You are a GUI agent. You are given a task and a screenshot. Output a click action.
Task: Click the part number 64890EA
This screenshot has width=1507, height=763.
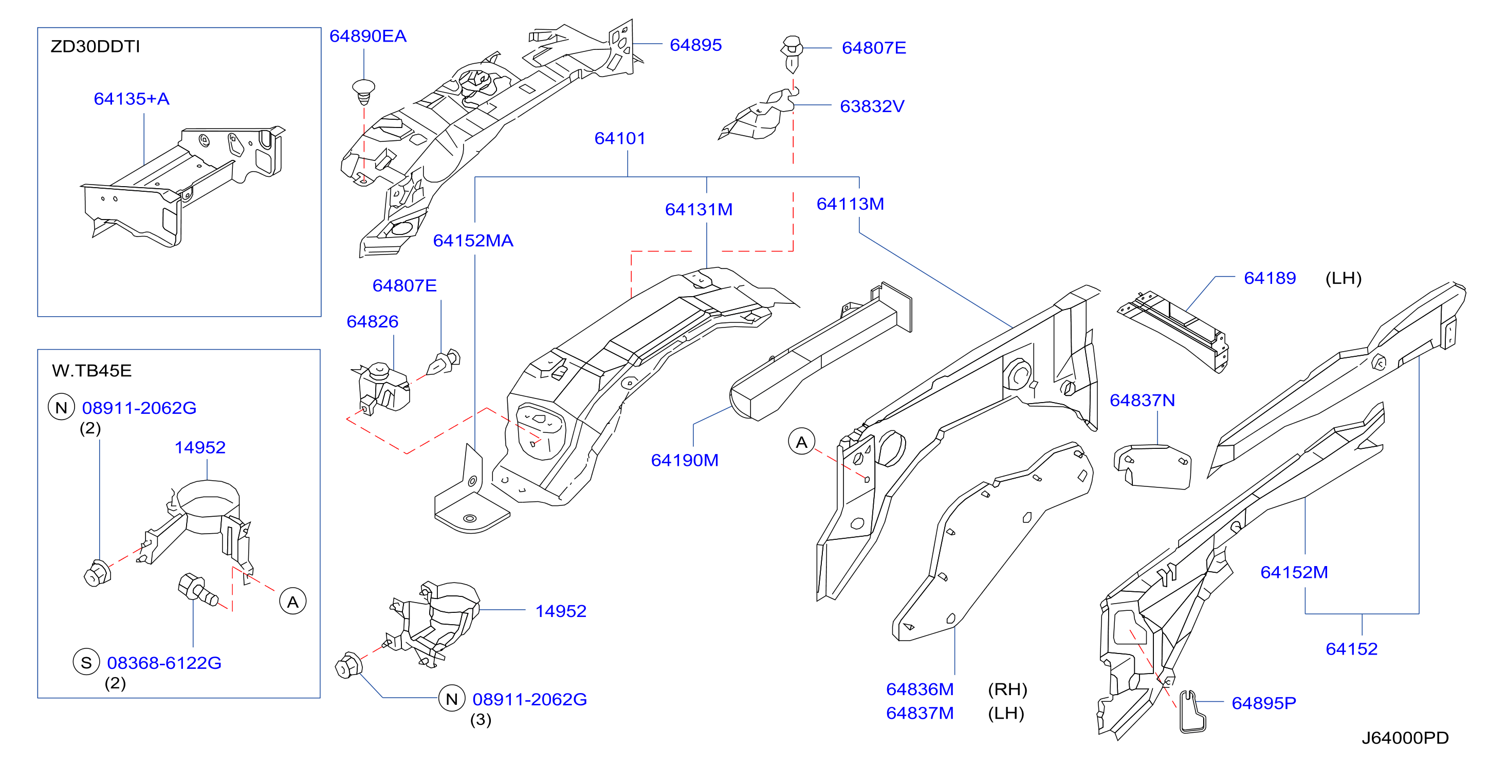coord(368,37)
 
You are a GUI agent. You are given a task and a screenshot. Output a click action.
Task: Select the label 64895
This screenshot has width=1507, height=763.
coord(695,45)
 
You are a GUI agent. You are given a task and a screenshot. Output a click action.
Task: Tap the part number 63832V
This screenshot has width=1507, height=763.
coord(872,106)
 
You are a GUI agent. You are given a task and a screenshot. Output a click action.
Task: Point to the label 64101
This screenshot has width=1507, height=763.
coord(620,139)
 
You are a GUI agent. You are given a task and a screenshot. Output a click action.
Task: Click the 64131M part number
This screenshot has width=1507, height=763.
coord(699,209)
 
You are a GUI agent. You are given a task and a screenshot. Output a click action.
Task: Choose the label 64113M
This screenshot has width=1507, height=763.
coord(850,204)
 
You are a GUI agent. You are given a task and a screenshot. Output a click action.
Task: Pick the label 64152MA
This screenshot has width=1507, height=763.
coord(473,241)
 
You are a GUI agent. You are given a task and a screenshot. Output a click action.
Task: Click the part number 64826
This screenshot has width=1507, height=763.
coord(373,322)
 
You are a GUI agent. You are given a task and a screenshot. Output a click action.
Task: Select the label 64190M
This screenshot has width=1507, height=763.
coord(685,461)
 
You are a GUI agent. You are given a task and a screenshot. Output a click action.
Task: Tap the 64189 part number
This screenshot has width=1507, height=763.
coord(1270,279)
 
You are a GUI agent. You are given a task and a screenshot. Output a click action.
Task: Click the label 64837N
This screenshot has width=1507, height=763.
coord(1143,401)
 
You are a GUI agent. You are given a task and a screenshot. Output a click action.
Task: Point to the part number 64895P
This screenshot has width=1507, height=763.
coord(1264,703)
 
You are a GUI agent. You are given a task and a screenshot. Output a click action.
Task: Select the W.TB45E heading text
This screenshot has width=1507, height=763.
coord(92,371)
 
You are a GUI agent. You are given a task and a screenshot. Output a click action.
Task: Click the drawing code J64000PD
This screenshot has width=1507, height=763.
coord(1405,738)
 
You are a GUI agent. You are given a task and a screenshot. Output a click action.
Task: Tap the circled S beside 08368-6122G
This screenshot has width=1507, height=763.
coord(86,662)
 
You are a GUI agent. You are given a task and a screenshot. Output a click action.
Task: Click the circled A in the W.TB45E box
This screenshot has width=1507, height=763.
coord(293,602)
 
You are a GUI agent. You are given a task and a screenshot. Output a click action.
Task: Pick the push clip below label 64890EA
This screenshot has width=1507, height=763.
coord(363,92)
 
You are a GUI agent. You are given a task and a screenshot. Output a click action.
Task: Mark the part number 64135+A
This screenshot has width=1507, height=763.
coord(132,99)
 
